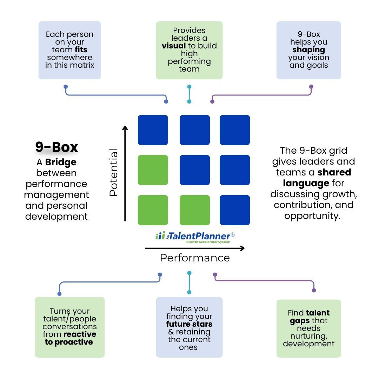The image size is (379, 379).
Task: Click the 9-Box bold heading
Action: (x=56, y=147)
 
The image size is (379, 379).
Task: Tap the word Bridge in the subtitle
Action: (x=61, y=162)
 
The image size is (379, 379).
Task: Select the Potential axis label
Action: (x=113, y=173)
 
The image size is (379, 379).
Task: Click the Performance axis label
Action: (x=195, y=258)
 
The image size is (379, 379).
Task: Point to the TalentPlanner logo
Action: (x=195, y=237)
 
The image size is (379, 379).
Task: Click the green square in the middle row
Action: (x=153, y=170)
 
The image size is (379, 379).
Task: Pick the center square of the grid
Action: (x=195, y=170)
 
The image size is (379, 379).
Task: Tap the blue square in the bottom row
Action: (x=235, y=210)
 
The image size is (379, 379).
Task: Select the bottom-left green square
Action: (x=153, y=210)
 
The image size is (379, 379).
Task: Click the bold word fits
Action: (x=81, y=49)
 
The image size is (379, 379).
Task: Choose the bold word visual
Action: (x=174, y=46)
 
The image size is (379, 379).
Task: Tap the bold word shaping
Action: (x=309, y=50)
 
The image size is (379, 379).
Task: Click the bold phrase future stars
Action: (x=189, y=324)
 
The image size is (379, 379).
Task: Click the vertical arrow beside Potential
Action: (x=125, y=173)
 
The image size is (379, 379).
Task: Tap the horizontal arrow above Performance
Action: (x=195, y=248)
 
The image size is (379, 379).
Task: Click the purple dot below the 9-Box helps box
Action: (x=311, y=87)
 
